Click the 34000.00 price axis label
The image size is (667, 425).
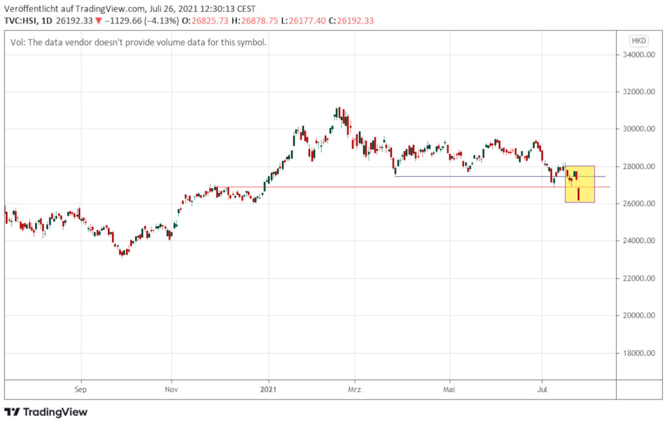click(642, 55)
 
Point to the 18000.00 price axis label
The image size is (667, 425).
click(642, 353)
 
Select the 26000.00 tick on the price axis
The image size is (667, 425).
click(642, 204)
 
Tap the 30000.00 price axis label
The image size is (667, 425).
click(642, 129)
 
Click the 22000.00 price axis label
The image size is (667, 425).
click(642, 278)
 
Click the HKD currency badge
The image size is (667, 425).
click(639, 41)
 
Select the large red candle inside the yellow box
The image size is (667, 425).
click(579, 194)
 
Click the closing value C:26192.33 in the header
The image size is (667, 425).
click(351, 21)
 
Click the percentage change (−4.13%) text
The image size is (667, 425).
click(160, 21)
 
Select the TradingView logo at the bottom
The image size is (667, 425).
click(46, 412)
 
